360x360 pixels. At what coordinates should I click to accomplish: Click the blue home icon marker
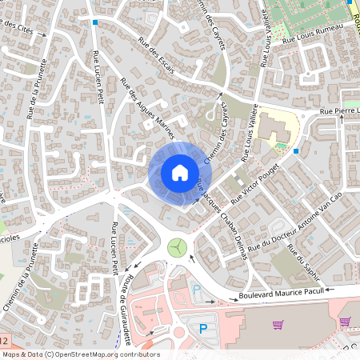tap(180, 172)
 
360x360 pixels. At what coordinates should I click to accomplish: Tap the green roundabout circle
tap(177, 247)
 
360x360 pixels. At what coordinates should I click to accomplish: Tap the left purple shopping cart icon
tap(278, 324)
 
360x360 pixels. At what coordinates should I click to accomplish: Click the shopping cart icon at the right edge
tap(345, 322)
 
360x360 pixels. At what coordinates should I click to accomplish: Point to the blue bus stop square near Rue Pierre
tap(296, 150)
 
